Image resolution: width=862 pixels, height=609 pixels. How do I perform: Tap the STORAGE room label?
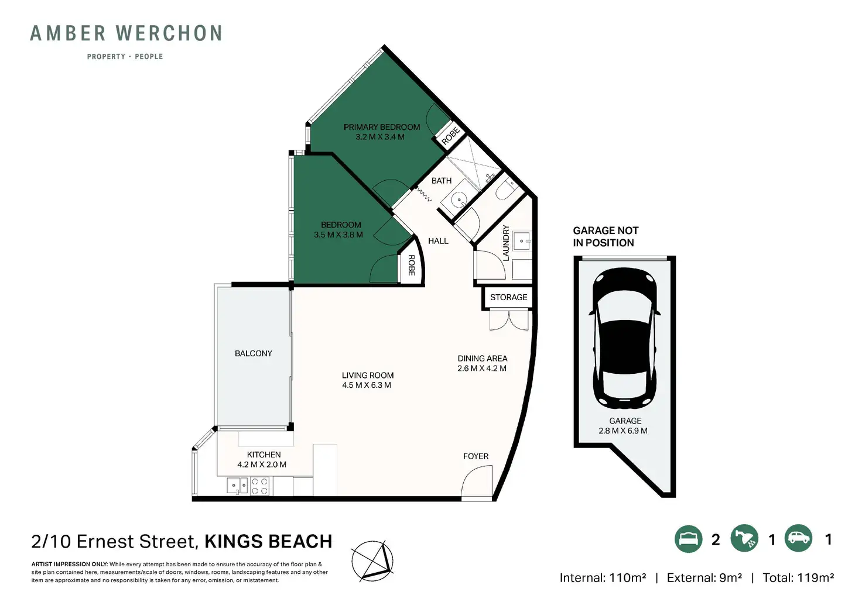click(x=508, y=297)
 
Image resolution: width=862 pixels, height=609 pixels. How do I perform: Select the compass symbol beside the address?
click(x=372, y=560)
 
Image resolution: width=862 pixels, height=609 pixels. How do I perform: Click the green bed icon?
click(x=689, y=539)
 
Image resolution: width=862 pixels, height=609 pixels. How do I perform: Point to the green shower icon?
click(x=744, y=538)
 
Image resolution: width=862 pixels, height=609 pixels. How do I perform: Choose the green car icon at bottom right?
click(x=799, y=538)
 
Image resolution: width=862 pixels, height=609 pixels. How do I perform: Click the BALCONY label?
click(x=253, y=353)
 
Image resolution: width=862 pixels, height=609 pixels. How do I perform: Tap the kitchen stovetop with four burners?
click(x=259, y=486)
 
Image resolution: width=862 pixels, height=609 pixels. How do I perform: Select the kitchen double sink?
click(x=237, y=486)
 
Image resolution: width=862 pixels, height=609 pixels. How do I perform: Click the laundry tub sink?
click(x=521, y=241)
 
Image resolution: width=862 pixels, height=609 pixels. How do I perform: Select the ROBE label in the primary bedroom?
click(x=450, y=136)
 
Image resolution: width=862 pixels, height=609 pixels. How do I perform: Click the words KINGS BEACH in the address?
click(x=268, y=541)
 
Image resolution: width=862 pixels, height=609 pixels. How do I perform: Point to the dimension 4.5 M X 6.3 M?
click(x=367, y=386)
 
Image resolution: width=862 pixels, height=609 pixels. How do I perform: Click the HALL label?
click(x=438, y=241)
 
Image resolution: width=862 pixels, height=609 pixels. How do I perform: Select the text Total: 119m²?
click(x=798, y=578)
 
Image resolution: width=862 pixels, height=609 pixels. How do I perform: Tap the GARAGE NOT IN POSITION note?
click(x=606, y=236)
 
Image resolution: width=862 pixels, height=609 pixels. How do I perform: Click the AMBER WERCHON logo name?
click(x=126, y=33)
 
